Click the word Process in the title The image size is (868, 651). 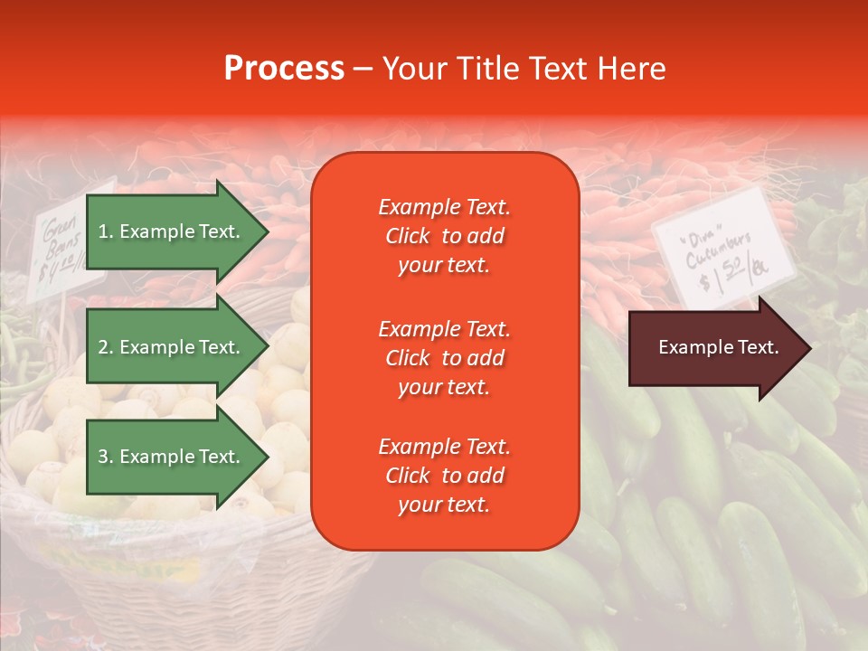point(284,69)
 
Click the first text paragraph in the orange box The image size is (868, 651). point(444,236)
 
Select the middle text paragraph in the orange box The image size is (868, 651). point(444,358)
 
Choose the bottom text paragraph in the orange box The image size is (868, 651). point(444,476)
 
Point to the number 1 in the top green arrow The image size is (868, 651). point(103,231)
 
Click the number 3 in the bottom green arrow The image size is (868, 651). point(103,457)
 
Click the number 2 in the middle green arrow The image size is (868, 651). point(103,347)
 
